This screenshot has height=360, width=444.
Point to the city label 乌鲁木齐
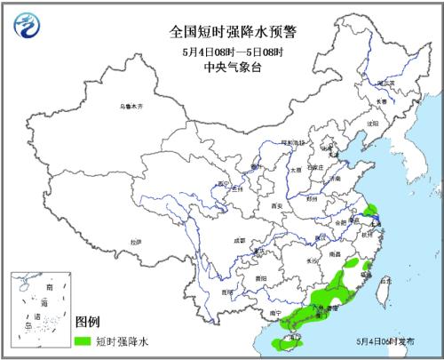coord(131,107)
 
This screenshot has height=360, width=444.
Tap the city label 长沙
coord(312,260)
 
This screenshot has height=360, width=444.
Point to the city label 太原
coord(296,169)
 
